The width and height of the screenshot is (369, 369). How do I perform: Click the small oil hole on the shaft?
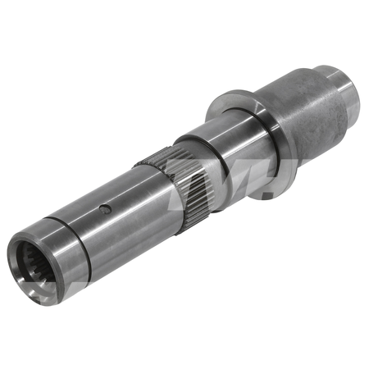tap(103, 209)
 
